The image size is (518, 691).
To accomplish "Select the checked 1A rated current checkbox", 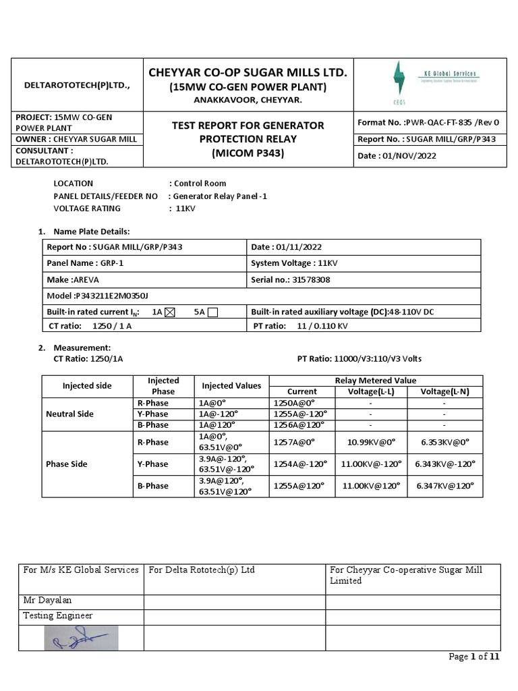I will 169,312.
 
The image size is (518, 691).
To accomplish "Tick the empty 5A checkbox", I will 212,312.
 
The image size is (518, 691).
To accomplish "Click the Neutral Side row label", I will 69,414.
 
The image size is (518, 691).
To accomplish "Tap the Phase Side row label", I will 67,464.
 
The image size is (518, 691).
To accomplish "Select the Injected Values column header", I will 231,386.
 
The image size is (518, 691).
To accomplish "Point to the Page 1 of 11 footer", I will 474,657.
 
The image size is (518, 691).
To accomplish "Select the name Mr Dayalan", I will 47,600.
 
